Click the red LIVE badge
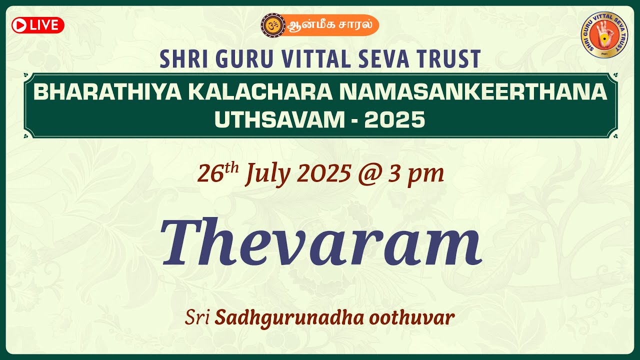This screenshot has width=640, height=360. point(38,25)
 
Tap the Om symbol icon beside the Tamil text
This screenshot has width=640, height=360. point(271,24)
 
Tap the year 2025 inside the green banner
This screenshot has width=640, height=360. point(394,120)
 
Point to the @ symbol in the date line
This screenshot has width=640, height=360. point(369,174)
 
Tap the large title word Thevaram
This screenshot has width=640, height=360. point(321,243)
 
